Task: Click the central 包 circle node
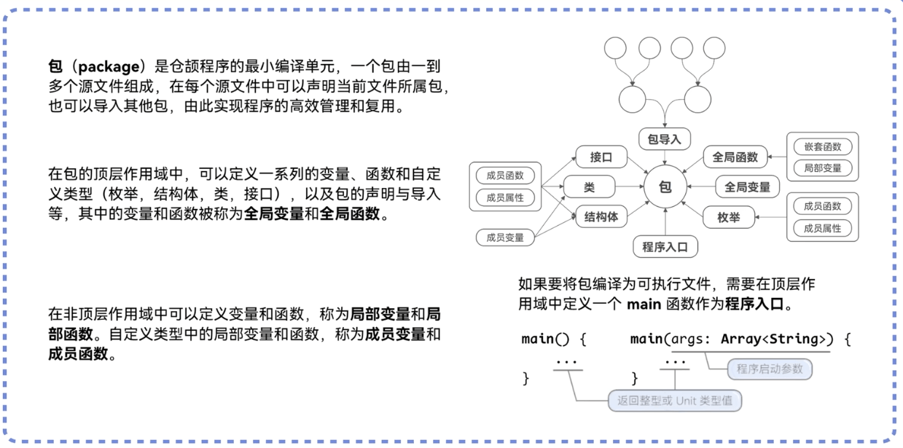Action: coord(665,187)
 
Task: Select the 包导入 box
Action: coord(665,138)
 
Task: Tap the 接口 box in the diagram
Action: coord(601,157)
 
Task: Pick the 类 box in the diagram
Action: coord(589,187)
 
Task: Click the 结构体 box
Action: coord(601,216)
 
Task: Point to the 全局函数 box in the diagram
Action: coord(735,157)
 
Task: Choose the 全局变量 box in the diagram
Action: coord(747,187)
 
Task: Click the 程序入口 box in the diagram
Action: coord(665,246)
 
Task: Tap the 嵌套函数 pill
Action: coord(822,146)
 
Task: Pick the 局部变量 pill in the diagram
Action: coord(822,168)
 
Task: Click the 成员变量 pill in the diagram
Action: coord(505,237)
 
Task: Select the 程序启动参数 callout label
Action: coord(770,369)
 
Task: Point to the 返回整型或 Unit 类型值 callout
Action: coord(675,400)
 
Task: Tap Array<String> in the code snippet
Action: coord(775,339)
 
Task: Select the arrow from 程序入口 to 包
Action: coord(665,222)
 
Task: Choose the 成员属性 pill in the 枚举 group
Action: coord(822,228)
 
